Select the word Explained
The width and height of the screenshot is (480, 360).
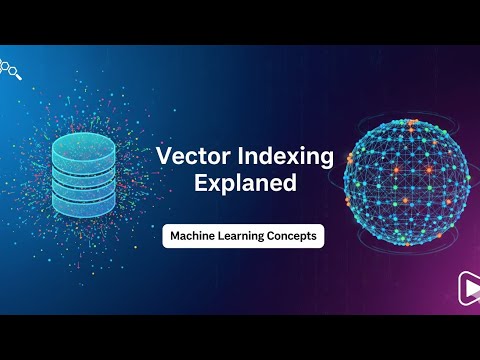pos(246,185)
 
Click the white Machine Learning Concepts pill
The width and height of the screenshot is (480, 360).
pos(245,237)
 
